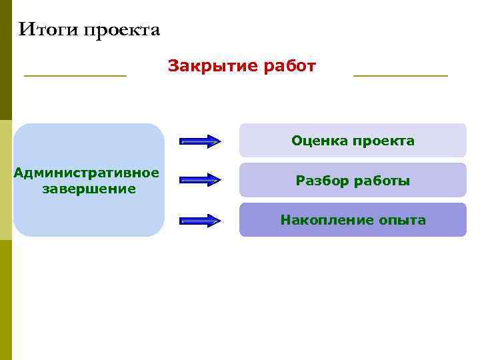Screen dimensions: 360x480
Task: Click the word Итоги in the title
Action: (x=44, y=30)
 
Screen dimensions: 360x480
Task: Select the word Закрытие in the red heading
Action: (x=204, y=66)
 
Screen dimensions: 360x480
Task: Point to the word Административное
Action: (x=87, y=173)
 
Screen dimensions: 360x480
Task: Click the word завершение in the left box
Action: (x=89, y=189)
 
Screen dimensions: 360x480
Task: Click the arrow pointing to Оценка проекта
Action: (x=201, y=141)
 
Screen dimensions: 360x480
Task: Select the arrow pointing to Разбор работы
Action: (x=201, y=179)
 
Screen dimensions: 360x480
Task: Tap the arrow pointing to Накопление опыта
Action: (x=201, y=220)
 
